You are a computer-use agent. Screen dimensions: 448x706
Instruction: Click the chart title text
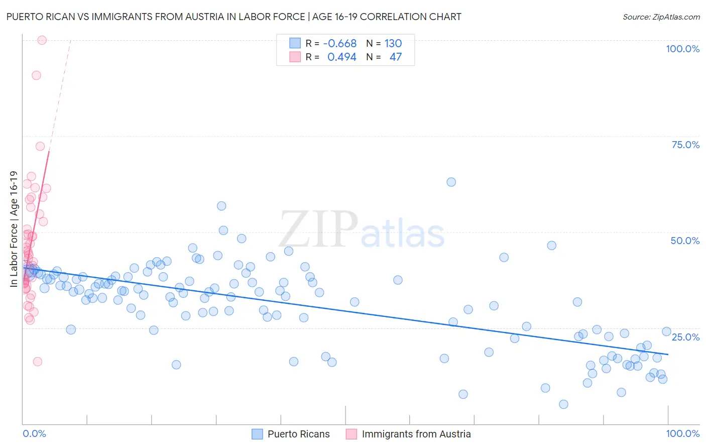pos(233,17)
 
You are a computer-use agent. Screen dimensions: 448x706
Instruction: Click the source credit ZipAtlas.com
pos(661,17)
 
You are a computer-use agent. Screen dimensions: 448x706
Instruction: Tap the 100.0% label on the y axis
pos(682,49)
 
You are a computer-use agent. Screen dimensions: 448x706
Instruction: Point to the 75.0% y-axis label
pos(685,145)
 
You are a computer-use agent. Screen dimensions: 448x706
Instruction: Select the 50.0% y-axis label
pos(685,241)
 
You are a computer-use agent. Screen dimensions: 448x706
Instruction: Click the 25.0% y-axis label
pos(685,337)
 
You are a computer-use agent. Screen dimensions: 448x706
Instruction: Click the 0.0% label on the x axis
pos(34,433)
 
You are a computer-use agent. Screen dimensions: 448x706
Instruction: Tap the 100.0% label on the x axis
pos(682,433)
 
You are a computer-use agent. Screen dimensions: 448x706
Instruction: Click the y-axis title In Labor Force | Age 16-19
pos(14,229)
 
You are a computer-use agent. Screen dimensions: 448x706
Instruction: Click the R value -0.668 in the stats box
pos(339,44)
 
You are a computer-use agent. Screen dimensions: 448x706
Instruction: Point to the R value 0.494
pos(341,57)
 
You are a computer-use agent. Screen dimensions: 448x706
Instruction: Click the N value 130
pos(393,44)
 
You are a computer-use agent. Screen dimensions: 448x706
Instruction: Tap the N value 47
pos(395,57)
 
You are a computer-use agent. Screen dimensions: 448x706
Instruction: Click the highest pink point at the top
pos(42,40)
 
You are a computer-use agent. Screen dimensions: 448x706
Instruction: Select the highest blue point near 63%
pos(451,182)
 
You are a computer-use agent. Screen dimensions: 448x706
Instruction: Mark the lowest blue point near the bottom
pos(563,404)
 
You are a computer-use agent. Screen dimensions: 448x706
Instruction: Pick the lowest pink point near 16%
pos(37,362)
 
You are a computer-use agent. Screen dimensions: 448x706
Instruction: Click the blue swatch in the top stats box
pos(295,43)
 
